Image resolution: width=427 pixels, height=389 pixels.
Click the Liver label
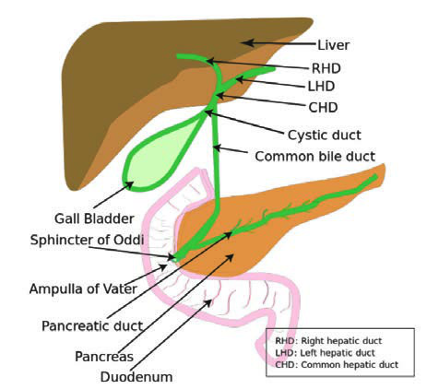coord(334,45)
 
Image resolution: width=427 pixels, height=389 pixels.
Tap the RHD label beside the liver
coord(326,68)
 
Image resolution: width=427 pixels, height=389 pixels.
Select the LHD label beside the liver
coord(321,87)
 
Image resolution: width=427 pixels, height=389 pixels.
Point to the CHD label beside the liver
coord(323,107)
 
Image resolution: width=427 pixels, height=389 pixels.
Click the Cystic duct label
coord(325,135)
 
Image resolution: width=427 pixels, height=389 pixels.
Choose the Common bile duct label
coord(315,157)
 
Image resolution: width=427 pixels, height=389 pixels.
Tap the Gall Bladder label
coord(94,218)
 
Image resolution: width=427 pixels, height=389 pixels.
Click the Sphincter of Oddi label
coord(87,240)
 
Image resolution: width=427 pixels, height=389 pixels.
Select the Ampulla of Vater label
coord(83,289)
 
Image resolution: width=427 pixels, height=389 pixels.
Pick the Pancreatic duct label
coord(92,326)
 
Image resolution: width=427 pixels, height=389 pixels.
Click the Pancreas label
coord(104,357)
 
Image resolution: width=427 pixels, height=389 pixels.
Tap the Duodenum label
coord(136,377)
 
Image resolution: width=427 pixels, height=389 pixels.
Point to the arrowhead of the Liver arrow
coord(247,42)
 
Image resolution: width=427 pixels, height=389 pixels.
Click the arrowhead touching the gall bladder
coord(129,184)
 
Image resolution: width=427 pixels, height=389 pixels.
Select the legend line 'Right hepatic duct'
coord(328,341)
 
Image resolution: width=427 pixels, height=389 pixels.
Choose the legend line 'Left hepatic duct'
coord(325,353)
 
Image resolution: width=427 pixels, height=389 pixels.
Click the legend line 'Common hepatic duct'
coord(337,365)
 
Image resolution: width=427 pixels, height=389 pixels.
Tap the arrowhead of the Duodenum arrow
coord(208,303)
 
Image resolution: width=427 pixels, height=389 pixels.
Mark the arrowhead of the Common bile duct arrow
coord(218,147)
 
